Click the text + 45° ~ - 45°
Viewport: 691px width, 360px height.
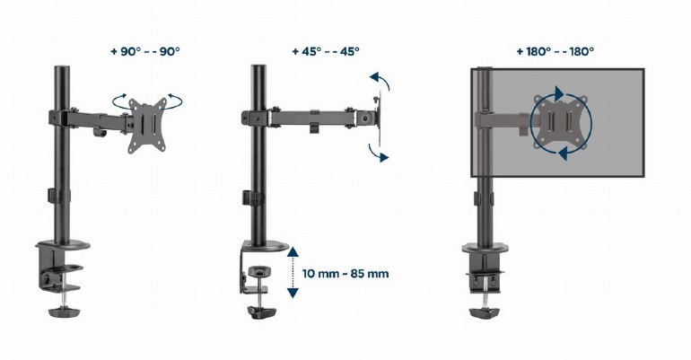tap(325, 51)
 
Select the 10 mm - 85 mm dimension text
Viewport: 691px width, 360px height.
tap(345, 273)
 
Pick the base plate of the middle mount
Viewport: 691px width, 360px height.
tap(267, 247)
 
